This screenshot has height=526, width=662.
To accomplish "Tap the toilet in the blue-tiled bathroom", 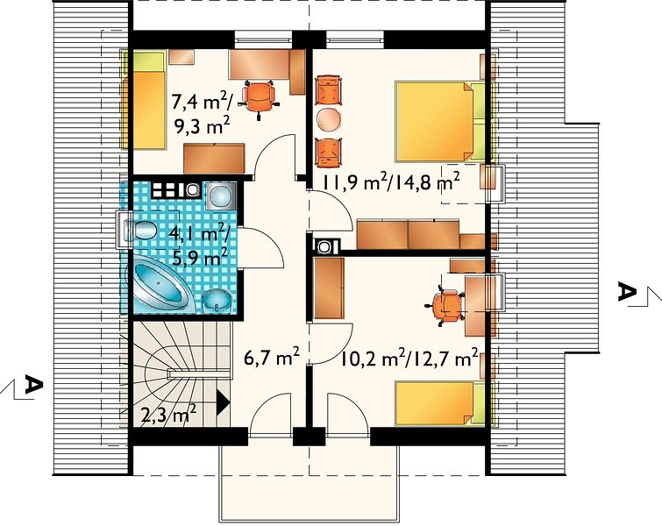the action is pos(141,230).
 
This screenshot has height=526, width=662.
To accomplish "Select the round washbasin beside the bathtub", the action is pos(217,302).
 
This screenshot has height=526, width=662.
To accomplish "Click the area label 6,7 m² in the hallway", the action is pos(272,358).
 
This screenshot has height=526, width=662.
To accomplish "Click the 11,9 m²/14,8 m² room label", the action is pos(391,183).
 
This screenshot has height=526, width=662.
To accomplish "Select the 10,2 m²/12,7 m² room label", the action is pos(409,358).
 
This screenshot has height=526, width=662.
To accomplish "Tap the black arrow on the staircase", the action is pos(223,401).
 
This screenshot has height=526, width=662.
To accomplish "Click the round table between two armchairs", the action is pos(329,119).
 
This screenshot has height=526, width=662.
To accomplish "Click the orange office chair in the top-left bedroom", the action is pos(259,100).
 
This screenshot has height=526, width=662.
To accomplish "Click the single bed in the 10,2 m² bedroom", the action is pos(439,402).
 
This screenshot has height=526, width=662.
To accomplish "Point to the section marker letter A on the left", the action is pos(34,385).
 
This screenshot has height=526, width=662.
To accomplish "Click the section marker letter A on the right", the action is pos(627,292).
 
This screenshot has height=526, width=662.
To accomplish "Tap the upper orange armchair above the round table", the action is pos(329,89).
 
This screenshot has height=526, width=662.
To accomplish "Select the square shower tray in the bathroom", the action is pos(220,196).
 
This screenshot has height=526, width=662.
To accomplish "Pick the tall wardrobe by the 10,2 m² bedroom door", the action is pos(329,288).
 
